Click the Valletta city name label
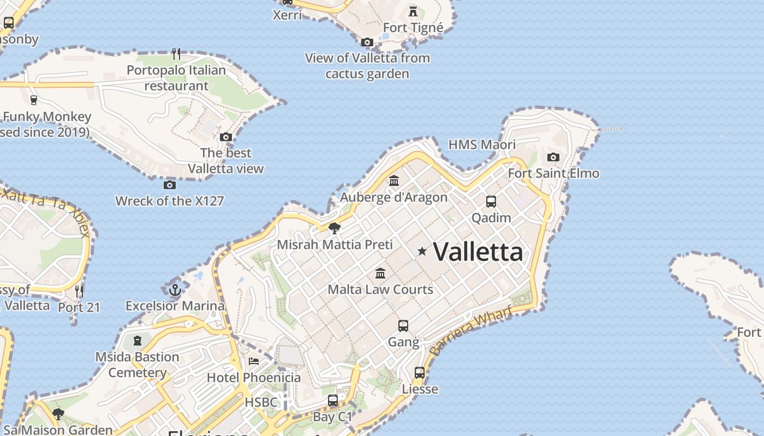[478, 252]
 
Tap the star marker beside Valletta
[422, 251]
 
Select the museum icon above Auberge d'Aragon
[394, 180]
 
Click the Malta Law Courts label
[380, 289]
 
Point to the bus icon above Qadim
[491, 202]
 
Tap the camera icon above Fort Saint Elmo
[553, 158]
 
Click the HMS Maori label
[482, 144]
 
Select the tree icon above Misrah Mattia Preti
[335, 228]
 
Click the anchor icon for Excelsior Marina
[175, 289]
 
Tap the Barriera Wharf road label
[471, 330]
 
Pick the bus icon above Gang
[403, 326]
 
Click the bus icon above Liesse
[420, 373]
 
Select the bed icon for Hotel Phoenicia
[254, 361]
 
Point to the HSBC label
[261, 403]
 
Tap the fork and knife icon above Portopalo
[176, 53]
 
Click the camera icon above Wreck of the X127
[170, 185]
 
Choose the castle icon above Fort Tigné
[413, 11]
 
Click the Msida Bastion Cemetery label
[137, 365]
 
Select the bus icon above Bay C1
[333, 401]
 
